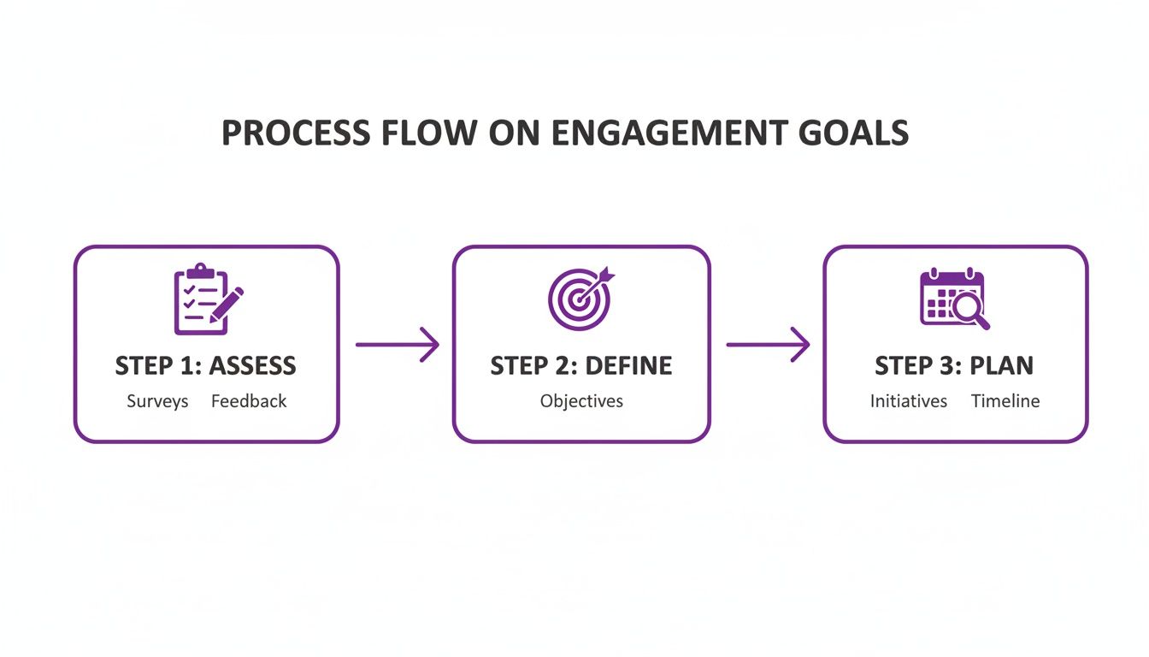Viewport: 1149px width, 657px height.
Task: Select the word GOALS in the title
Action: click(854, 133)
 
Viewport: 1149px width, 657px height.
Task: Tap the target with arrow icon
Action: click(580, 299)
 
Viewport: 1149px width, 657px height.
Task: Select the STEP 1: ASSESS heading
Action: click(206, 366)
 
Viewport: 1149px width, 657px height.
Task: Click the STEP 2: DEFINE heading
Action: click(581, 366)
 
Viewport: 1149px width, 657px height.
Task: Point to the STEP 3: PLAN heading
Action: click(954, 366)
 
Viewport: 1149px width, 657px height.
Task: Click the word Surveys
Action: click(157, 401)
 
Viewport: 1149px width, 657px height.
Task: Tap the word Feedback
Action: click(249, 401)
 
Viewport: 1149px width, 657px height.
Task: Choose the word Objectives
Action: click(581, 401)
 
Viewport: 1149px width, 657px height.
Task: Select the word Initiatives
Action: click(909, 401)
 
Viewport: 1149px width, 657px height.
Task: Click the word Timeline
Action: click(1005, 401)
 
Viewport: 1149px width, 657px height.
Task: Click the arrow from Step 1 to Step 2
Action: click(397, 345)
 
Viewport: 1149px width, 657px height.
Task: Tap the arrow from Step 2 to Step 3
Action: click(767, 345)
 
